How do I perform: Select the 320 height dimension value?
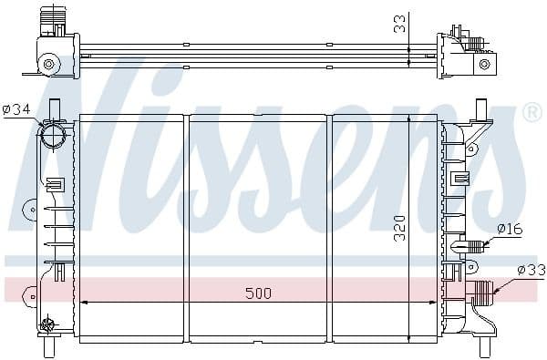pos(399,227)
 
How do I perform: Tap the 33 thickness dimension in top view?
pos(399,23)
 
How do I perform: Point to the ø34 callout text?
pos(16,109)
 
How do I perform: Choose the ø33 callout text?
pos(531,270)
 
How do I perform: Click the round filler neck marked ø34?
pos(55,138)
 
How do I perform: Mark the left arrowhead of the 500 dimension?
pos(85,302)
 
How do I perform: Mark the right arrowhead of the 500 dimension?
pos(432,302)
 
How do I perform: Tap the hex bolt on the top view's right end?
pos(488,63)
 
